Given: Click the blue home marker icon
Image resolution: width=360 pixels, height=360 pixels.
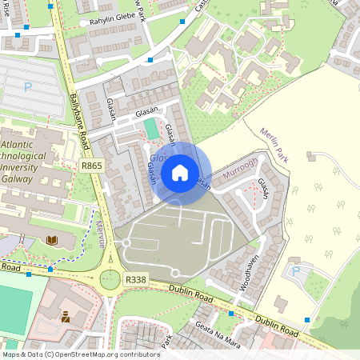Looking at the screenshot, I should click(180, 172).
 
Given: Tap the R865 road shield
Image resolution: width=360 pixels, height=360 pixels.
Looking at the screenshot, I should click(91, 166).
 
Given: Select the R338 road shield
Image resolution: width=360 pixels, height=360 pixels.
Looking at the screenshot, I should click(135, 279).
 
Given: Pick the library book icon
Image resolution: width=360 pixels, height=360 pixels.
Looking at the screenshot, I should click(52, 240).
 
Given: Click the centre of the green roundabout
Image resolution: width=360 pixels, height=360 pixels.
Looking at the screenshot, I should click(109, 279).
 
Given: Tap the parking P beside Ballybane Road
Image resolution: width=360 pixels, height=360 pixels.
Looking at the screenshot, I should click(30, 86).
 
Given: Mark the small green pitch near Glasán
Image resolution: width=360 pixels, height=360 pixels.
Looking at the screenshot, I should click(151, 128).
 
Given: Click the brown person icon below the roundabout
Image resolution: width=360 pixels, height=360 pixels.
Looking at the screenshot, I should click(65, 317).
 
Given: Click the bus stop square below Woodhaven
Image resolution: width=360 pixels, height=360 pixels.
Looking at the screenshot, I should click(230, 314).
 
